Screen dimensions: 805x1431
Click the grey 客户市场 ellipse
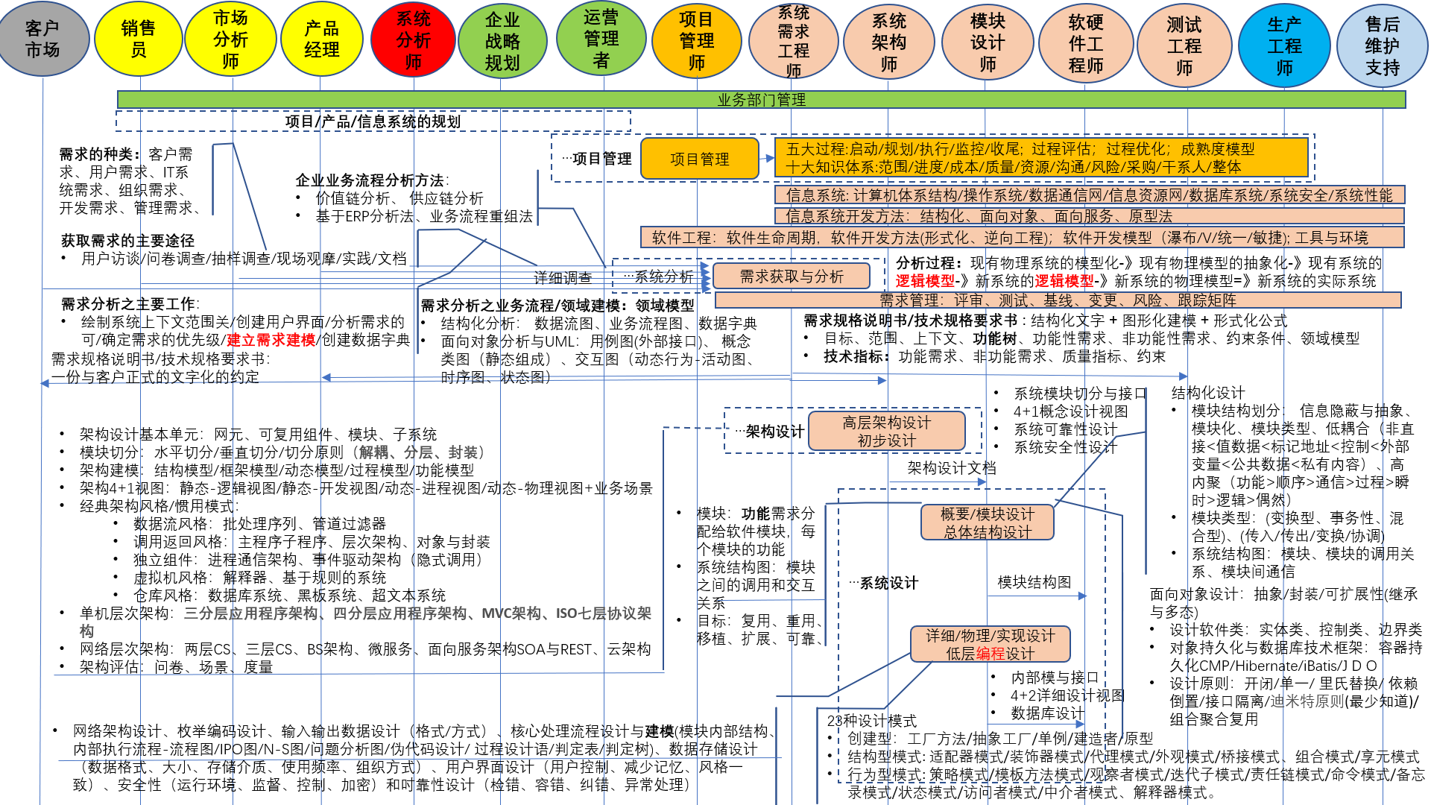43,40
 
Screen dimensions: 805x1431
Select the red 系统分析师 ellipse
413,40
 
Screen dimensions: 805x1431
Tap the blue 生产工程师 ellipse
1284,45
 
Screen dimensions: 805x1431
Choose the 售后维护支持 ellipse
1383,45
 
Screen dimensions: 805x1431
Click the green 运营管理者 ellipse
601,38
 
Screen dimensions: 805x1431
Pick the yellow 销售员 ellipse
139,39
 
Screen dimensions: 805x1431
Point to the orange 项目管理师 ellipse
696,40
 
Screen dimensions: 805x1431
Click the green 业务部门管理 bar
761,99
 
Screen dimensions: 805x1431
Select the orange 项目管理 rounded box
699,159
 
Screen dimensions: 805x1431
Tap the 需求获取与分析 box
792,277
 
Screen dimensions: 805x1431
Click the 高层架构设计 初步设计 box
886,432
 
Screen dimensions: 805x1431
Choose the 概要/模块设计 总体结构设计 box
988,523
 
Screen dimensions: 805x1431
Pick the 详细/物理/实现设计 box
990,644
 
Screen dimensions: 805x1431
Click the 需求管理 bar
1058,300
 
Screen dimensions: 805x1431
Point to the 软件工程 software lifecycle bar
1022,238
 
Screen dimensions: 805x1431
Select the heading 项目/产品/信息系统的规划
373,121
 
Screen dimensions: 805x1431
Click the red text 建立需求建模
271,340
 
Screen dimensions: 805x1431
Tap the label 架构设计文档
951,468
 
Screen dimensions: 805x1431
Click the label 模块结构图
1034,582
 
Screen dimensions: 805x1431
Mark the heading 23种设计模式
871,721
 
